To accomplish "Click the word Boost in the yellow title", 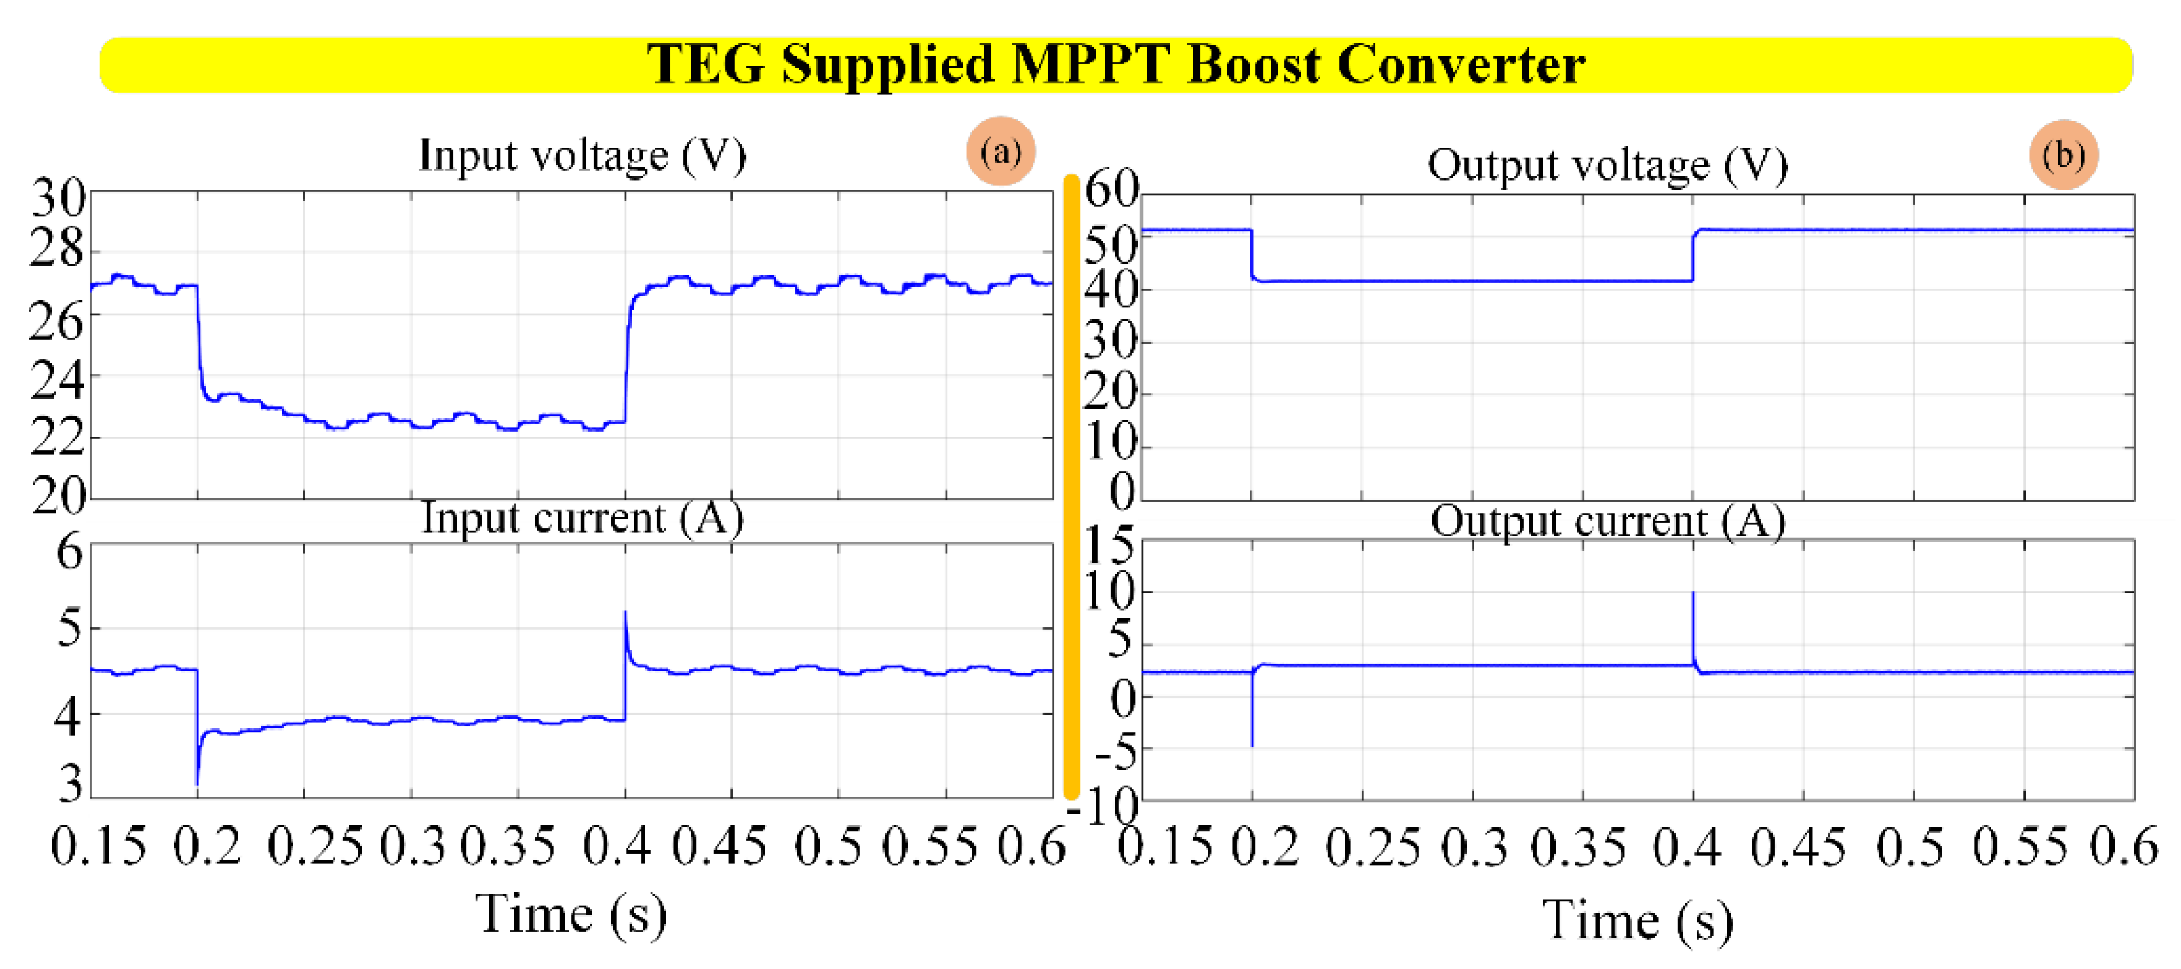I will (x=1253, y=64).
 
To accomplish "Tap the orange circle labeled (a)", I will (x=1001, y=151).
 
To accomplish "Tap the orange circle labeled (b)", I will (x=2063, y=155).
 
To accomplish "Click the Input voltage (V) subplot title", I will (x=583, y=155).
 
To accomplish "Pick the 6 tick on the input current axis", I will (x=70, y=551).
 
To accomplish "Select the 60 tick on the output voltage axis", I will (x=1112, y=188).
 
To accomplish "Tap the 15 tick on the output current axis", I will (x=1110, y=544).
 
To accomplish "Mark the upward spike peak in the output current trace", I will (x=1693, y=593).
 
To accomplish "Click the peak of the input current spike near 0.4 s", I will (x=625, y=612).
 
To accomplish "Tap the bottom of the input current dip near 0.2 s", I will (x=197, y=783).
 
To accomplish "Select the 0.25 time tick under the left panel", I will (x=315, y=846).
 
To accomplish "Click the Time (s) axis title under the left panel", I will (x=572, y=915).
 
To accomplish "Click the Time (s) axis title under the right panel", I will (x=1637, y=920).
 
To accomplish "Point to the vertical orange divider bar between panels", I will (x=1071, y=487).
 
